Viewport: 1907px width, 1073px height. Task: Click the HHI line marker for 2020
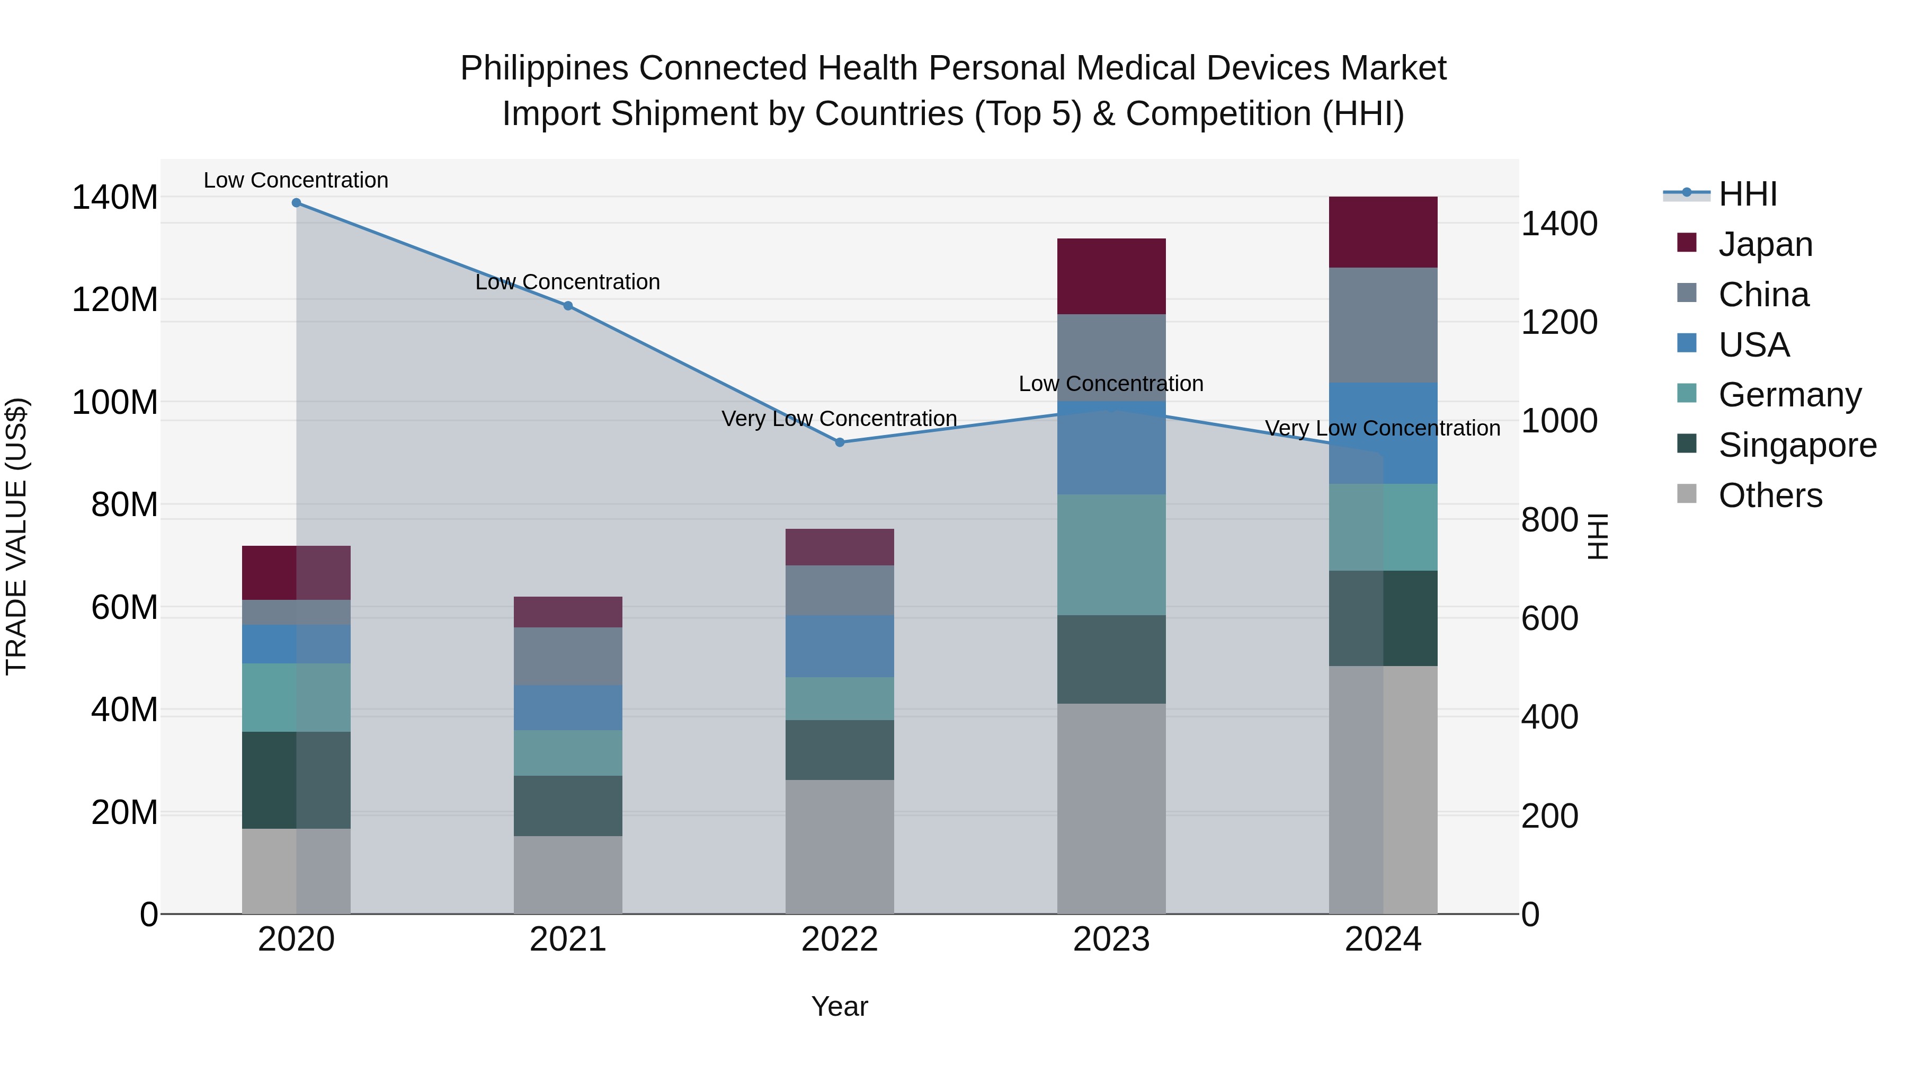pos(296,203)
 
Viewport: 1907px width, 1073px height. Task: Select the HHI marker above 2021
pos(568,306)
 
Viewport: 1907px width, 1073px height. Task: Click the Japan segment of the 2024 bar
pos(1383,232)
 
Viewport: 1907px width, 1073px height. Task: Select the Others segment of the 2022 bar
pos(840,846)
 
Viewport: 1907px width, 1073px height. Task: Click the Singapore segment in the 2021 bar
pos(568,805)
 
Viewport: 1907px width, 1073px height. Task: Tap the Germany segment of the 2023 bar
pos(1111,555)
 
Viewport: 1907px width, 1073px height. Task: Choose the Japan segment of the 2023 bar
pos(1111,276)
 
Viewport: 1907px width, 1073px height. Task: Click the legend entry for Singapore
pos(1797,445)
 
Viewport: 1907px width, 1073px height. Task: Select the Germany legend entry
pos(1789,395)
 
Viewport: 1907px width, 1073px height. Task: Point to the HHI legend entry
pos(1747,194)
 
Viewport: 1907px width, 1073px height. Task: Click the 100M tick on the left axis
pos(115,403)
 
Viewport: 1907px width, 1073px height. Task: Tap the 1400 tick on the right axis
pos(1559,224)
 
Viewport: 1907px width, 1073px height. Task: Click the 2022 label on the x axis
pos(840,939)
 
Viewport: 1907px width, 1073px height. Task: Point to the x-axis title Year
pos(840,1006)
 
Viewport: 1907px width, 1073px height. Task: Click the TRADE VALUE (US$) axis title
pos(16,536)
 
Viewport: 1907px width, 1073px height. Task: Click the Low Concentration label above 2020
pos(296,180)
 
